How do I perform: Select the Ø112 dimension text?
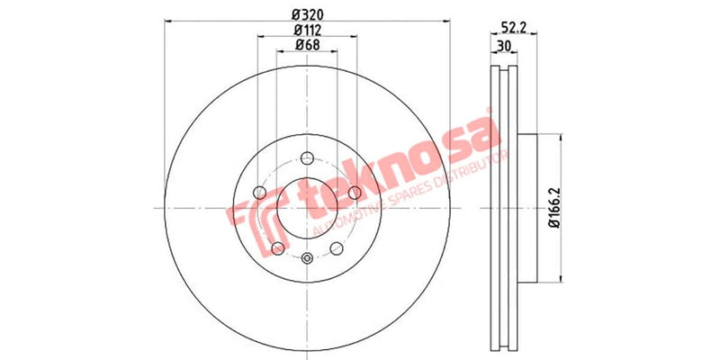coord(309,31)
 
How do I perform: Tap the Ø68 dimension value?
coord(309,47)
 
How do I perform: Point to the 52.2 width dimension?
coord(514,28)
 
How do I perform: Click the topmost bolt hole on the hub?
coord(307,158)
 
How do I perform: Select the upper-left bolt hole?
coord(260,193)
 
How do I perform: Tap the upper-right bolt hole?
coord(355,193)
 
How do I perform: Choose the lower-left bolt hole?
coord(278,248)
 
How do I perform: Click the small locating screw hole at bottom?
coord(307,261)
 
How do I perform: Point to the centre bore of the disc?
coord(307,209)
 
